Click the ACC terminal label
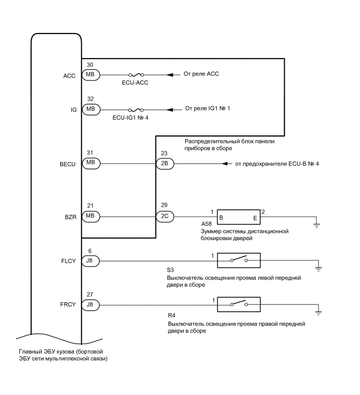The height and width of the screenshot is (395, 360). [69, 75]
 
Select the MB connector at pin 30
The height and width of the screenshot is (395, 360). [91, 75]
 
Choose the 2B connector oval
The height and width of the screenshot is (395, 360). [164, 164]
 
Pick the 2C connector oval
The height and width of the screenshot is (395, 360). [164, 216]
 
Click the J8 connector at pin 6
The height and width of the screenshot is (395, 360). [91, 261]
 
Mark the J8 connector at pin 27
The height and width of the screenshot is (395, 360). [91, 304]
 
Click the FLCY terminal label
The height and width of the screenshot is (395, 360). [68, 261]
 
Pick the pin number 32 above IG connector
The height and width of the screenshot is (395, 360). [91, 99]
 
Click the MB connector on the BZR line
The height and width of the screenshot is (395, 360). [91, 216]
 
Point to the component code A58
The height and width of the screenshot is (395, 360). [199, 223]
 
